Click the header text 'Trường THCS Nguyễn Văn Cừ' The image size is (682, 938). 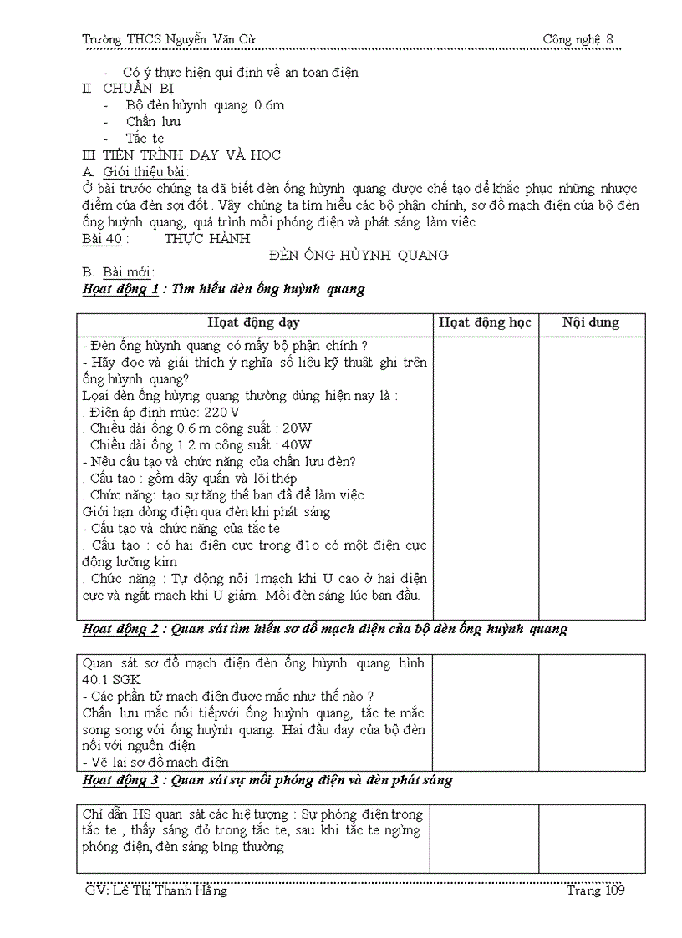163,38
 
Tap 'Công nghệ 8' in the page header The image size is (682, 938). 578,38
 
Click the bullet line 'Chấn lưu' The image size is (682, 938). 153,122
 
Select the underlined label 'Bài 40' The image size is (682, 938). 101,239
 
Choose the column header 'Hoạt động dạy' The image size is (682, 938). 254,323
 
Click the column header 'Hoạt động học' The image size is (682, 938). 485,323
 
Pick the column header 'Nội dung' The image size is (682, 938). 591,323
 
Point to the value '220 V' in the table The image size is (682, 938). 221,412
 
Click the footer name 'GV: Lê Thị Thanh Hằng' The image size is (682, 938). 156,891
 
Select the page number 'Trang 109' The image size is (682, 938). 594,891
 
